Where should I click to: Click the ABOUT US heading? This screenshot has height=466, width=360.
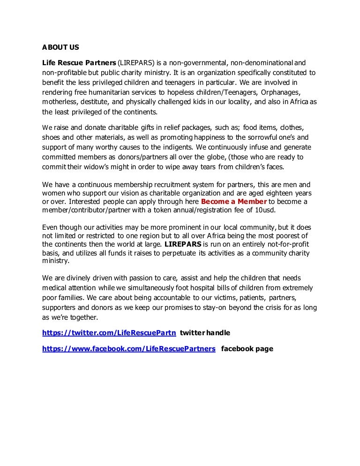[x=60, y=47]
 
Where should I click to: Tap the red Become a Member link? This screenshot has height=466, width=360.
[x=231, y=202]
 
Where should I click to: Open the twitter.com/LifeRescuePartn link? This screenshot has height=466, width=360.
[x=109, y=333]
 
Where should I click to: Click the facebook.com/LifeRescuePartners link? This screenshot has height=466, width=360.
[x=129, y=349]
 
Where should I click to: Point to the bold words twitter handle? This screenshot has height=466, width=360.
[x=205, y=333]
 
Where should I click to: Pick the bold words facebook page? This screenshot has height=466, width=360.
[x=247, y=349]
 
